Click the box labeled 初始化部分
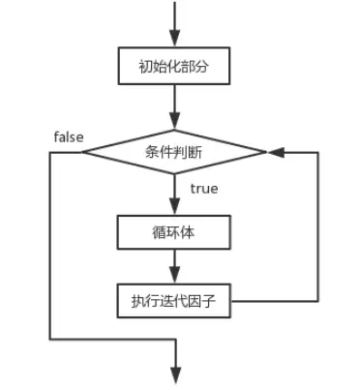click(x=175, y=68)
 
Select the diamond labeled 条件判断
click(x=175, y=151)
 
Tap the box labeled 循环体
click(x=175, y=232)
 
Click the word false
click(x=67, y=136)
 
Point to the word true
click(x=203, y=188)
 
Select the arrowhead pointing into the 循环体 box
click(x=175, y=208)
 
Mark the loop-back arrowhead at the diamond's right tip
click(x=273, y=151)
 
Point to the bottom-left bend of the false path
click(x=49, y=339)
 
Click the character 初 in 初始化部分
click(x=145, y=68)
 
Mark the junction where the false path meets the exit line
click(x=175, y=339)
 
